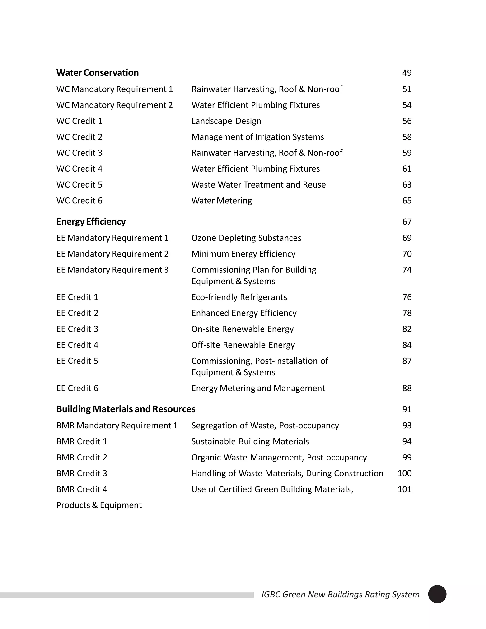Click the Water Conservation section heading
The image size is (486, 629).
coord(97,73)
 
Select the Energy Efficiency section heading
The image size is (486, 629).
coord(91,221)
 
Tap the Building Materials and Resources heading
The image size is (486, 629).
coord(126,409)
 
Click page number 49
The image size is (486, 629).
coord(407,73)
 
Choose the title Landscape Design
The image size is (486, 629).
coord(226,121)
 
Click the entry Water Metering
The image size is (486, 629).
coord(221,201)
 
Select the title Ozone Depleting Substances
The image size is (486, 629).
coord(246,238)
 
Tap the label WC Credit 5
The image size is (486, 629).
coord(79,185)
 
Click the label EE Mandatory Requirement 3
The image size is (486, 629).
coord(112,270)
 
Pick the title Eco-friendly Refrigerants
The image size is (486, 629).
coord(239,297)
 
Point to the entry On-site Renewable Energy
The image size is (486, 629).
coord(243,329)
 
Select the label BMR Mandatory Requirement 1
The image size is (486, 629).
coord(117,425)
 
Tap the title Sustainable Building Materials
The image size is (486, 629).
coord(250,441)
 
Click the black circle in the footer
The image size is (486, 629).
coord(437,594)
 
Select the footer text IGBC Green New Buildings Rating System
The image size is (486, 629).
coord(340,594)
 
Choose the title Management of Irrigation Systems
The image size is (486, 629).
coord(257,137)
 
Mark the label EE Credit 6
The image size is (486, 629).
coord(77,388)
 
